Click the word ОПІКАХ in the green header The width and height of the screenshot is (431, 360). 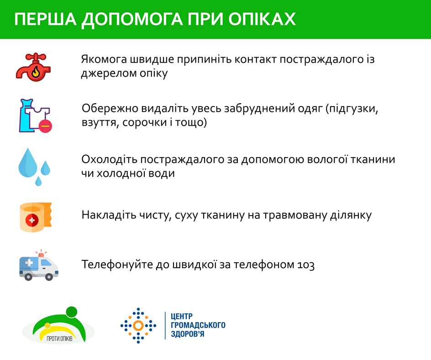point(262,19)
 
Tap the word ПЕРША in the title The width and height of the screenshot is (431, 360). point(45,19)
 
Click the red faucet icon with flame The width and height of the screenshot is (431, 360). point(33,67)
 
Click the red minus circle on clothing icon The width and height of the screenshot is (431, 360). point(45,126)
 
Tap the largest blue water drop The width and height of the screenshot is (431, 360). point(28,163)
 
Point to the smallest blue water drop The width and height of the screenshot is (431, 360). point(38,181)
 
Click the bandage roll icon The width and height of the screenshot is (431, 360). point(36,217)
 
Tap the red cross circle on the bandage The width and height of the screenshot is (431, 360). point(32,220)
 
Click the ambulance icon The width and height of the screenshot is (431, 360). point(39,266)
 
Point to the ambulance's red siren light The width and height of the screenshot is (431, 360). point(41,254)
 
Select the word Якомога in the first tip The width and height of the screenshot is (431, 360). point(104,59)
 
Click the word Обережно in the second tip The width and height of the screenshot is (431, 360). point(110,108)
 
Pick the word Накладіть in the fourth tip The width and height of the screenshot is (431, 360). point(109,215)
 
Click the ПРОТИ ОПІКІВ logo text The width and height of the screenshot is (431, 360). point(59,339)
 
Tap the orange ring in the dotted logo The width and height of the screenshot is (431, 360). point(138,326)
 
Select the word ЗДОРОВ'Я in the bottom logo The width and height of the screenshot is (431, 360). point(188,334)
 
